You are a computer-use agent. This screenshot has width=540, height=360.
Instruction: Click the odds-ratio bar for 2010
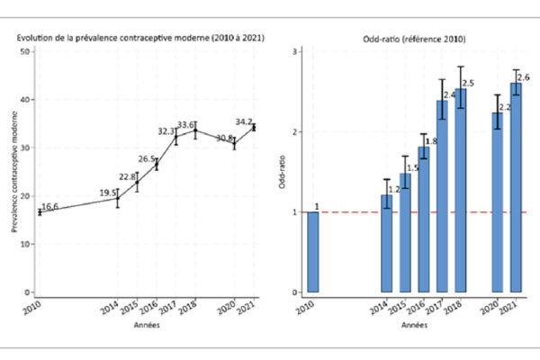tap(313, 252)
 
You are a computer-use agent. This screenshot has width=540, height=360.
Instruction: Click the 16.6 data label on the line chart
tap(52, 207)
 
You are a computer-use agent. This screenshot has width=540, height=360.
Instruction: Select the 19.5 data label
tap(108, 193)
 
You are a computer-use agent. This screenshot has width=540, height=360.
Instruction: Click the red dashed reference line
tap(360, 211)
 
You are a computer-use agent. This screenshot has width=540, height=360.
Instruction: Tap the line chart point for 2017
tap(176, 137)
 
